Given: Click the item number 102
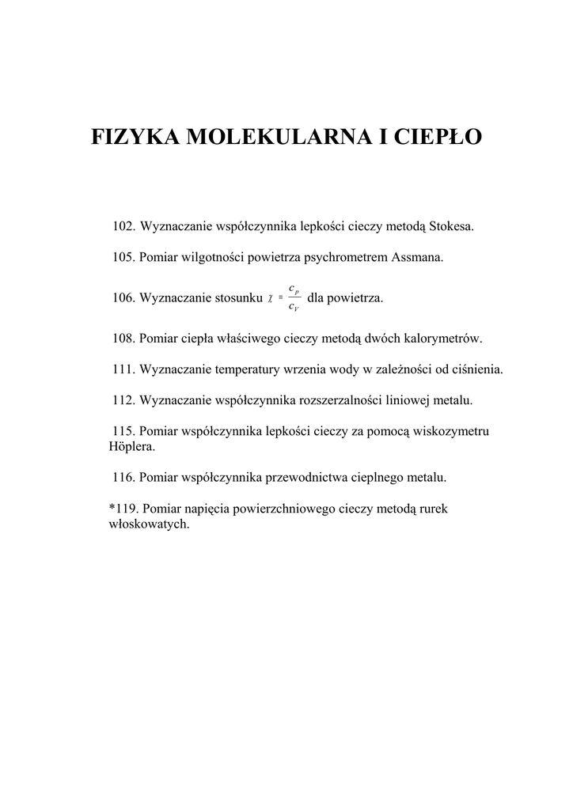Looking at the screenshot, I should (124, 227).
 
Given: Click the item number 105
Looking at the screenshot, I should (124, 257).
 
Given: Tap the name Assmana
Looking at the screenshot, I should (419, 257).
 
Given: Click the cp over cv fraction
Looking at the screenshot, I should (294, 297).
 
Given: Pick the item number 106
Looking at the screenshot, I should (124, 298).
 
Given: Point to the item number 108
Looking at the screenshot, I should (124, 339).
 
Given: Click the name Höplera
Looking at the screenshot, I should (131, 446).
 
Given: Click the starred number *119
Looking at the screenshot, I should (123, 509).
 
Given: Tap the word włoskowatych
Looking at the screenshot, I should (148, 524).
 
